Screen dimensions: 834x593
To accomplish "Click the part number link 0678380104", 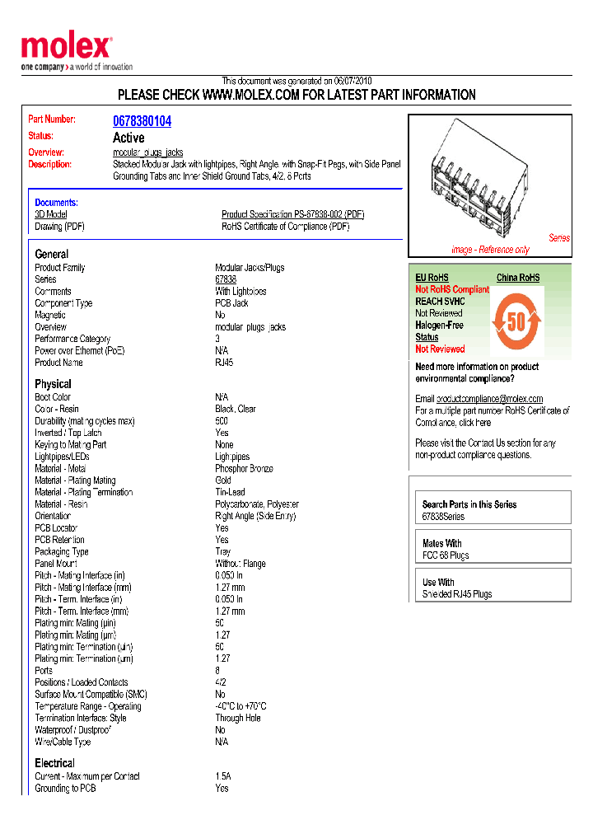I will click(x=142, y=121).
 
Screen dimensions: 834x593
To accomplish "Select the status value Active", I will click(x=128, y=138).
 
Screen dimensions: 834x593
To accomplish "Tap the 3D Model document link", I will click(x=50, y=214).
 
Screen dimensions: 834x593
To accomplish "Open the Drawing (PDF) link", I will click(x=59, y=227).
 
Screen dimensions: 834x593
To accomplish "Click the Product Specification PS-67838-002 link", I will click(x=292, y=214).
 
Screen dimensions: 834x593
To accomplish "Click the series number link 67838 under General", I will click(x=226, y=279).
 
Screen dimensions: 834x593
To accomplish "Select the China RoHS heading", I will click(x=517, y=278).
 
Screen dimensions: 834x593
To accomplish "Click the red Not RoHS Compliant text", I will click(x=451, y=290).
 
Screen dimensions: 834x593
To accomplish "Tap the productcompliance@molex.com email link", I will click(x=489, y=399).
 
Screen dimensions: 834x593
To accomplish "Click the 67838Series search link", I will click(x=443, y=517).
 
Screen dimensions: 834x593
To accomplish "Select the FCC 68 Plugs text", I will click(x=446, y=555).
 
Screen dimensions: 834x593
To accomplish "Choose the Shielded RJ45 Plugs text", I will click(x=457, y=594).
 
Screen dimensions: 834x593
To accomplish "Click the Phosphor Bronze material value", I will click(x=244, y=468).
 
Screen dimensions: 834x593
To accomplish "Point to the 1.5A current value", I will click(x=223, y=776).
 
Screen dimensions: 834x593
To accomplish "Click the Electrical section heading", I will click(x=54, y=763).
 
